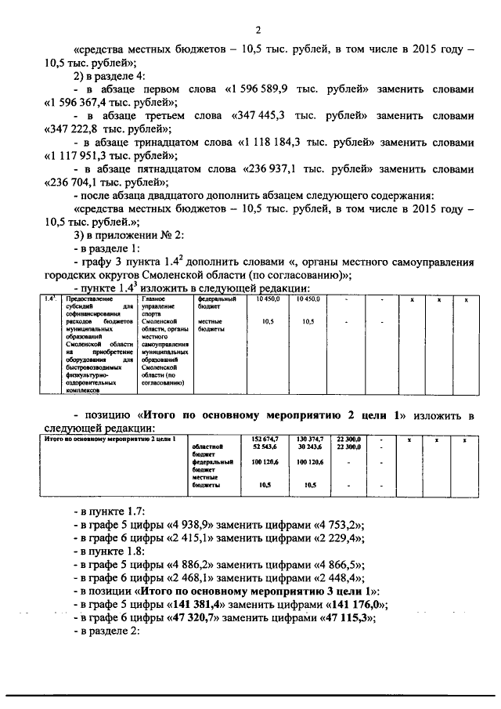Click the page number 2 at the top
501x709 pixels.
(257, 30)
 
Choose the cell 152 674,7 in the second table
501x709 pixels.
(265, 439)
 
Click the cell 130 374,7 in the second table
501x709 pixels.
(308, 439)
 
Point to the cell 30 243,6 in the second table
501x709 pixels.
(308, 446)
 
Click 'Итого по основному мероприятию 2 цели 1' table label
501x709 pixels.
(93, 439)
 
